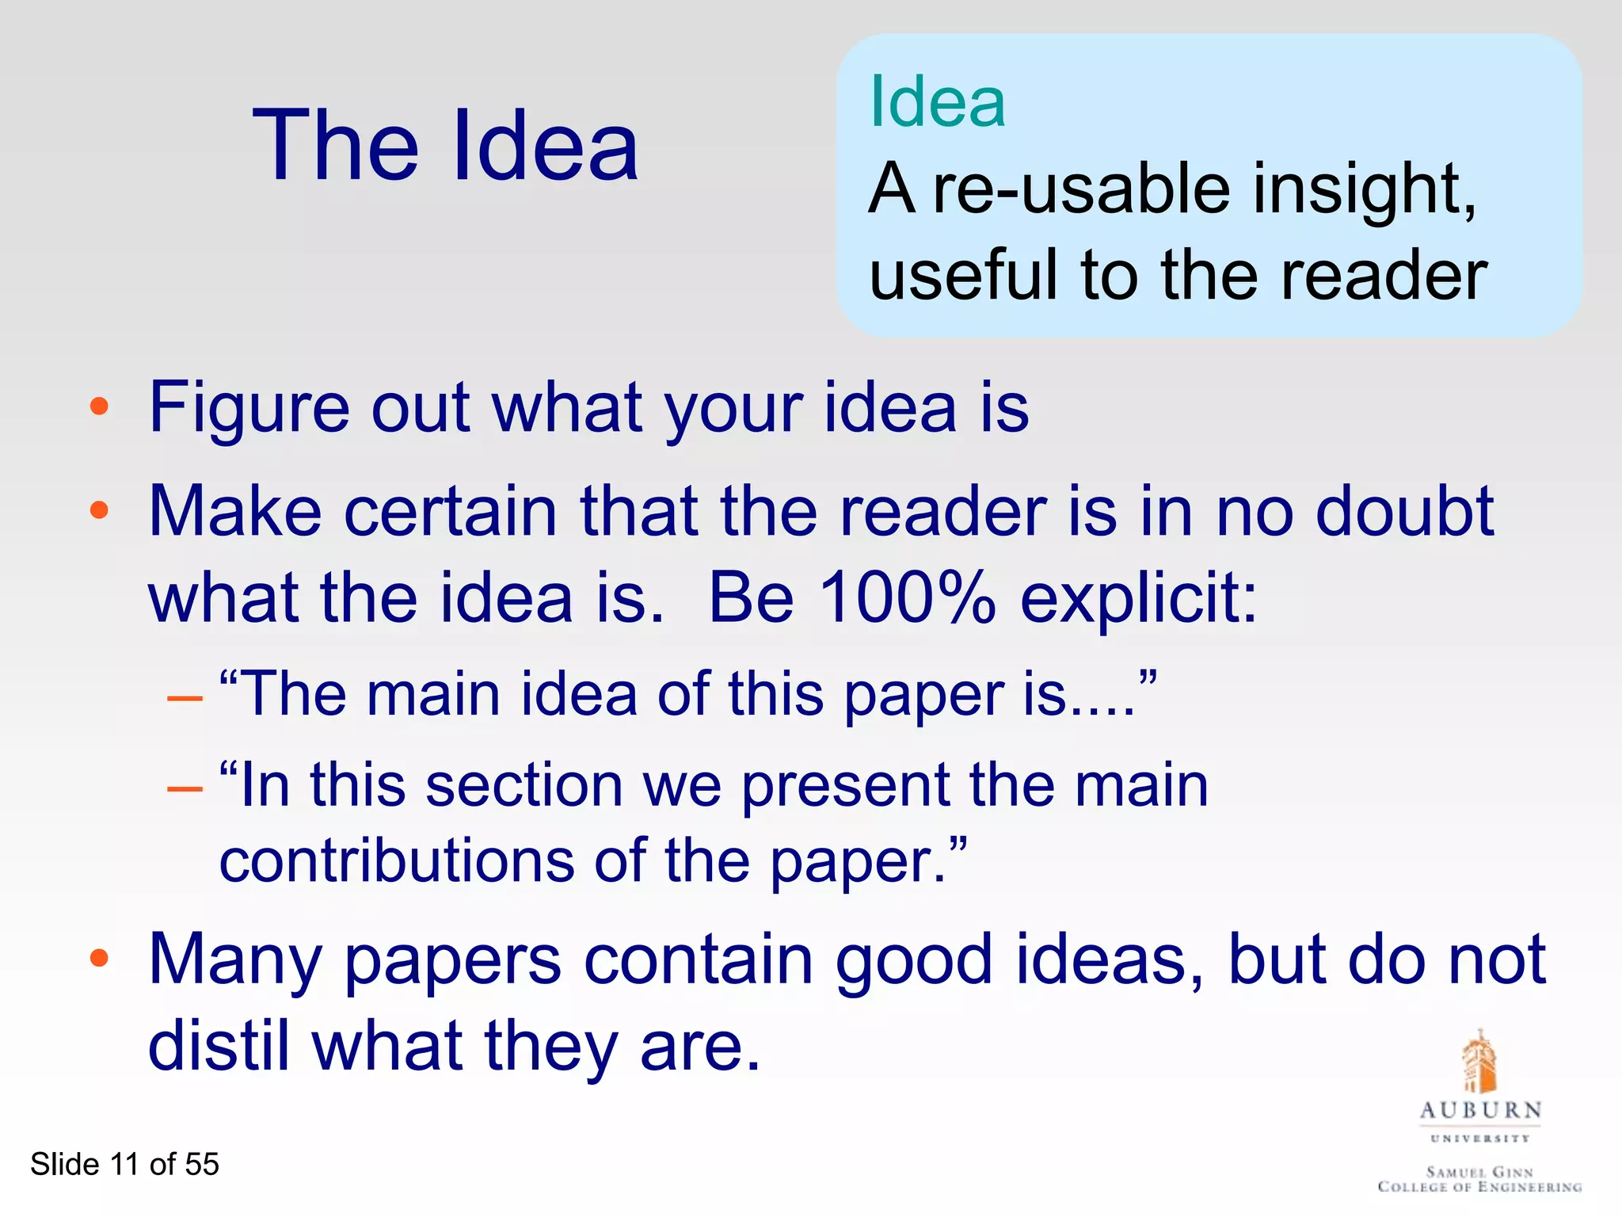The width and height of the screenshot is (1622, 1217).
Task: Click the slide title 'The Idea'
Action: (x=445, y=147)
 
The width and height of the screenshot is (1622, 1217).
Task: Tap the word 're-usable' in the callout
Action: (x=1082, y=189)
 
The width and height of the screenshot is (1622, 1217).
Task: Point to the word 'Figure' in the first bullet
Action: (x=249, y=409)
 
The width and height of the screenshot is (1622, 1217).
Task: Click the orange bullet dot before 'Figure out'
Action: (x=99, y=408)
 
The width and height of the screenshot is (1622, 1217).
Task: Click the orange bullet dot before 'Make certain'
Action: (x=99, y=511)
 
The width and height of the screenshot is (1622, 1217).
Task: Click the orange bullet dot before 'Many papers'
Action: (x=99, y=959)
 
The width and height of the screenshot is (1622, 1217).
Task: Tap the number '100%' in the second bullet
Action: (x=907, y=598)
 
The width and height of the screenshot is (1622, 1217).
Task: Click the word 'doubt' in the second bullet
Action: (x=1404, y=512)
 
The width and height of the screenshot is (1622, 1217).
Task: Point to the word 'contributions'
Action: (x=396, y=861)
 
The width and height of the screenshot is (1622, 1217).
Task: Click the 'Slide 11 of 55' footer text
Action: (x=124, y=1165)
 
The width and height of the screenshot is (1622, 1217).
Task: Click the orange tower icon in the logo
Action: (x=1479, y=1062)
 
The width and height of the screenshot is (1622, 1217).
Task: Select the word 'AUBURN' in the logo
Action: (x=1480, y=1111)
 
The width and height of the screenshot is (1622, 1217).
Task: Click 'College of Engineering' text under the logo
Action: (x=1479, y=1187)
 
